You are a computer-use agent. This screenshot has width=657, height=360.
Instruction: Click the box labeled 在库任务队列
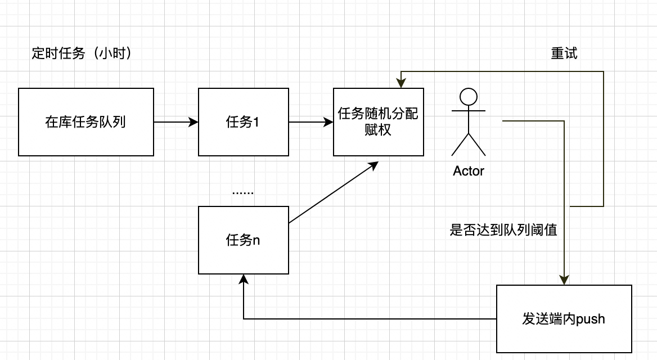(85, 121)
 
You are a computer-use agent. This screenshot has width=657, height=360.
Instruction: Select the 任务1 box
(243, 121)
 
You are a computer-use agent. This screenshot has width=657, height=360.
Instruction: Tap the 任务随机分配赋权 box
(378, 121)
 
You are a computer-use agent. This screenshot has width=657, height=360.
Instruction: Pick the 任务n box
(243, 240)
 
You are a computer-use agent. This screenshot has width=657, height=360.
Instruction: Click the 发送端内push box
(564, 319)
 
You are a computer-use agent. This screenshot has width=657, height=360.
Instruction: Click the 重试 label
(564, 53)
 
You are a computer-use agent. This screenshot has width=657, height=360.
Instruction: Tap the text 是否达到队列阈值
(503, 230)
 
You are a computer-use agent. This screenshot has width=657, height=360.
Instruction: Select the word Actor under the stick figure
(468, 171)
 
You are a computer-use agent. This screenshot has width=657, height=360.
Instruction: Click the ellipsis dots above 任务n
(243, 192)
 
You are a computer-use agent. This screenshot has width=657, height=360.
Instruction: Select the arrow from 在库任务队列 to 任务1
(175, 121)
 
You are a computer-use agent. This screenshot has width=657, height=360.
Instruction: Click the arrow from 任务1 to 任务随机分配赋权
(310, 121)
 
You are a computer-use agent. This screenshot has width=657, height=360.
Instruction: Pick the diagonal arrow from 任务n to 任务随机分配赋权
(332, 193)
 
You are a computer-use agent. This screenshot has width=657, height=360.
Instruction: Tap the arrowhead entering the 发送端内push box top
(564, 280)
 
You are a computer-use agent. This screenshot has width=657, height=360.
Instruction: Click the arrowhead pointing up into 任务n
(243, 279)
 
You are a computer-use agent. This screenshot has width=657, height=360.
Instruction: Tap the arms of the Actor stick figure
(468, 111)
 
